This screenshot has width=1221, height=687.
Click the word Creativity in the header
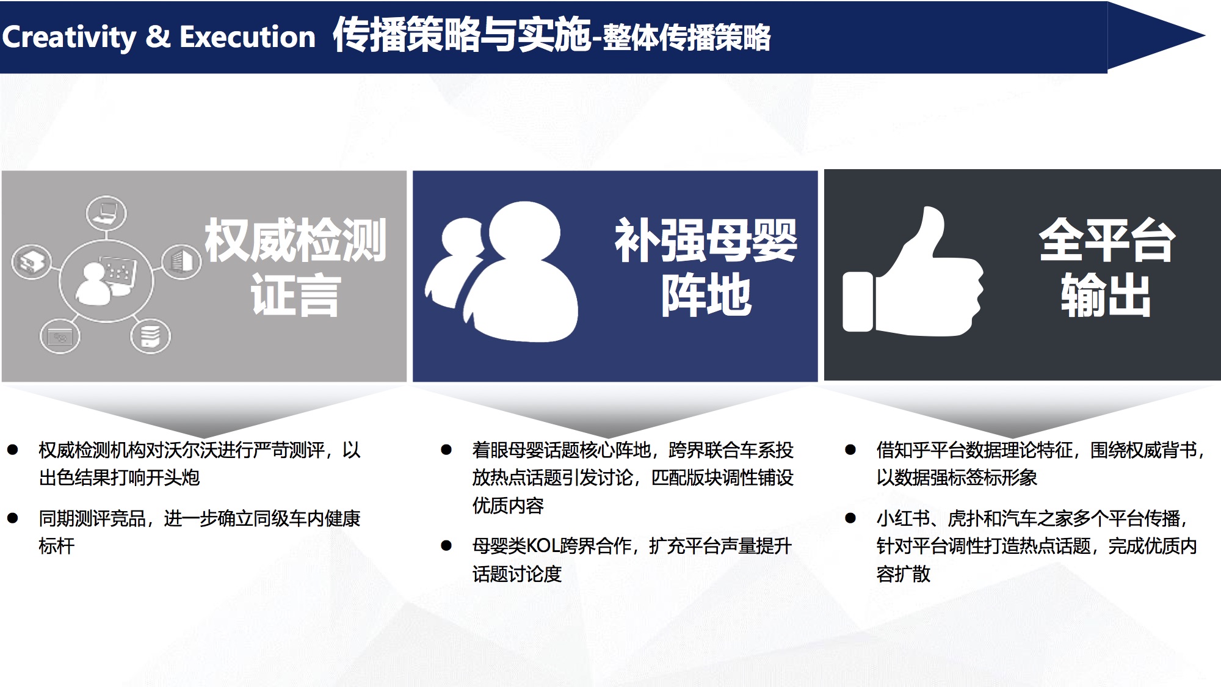69,37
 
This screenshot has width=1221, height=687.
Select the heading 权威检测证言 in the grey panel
295,267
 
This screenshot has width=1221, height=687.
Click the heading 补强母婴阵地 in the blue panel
706,267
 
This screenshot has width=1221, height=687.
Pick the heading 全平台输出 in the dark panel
1107,267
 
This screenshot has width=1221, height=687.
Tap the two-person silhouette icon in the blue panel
502,272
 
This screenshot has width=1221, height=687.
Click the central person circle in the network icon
106,280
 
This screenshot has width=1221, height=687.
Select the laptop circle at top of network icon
106,213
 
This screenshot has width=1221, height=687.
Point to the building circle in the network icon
182,261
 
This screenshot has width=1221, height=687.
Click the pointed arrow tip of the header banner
1205,36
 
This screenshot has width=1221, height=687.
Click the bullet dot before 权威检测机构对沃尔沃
13,450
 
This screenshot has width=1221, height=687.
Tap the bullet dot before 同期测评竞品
13,518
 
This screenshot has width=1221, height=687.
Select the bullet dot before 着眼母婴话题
446,450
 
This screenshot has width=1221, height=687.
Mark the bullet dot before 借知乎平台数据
850,450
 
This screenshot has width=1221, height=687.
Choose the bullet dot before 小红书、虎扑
850,518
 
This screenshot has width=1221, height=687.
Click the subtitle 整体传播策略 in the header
687,38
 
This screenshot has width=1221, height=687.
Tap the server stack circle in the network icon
150,336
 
